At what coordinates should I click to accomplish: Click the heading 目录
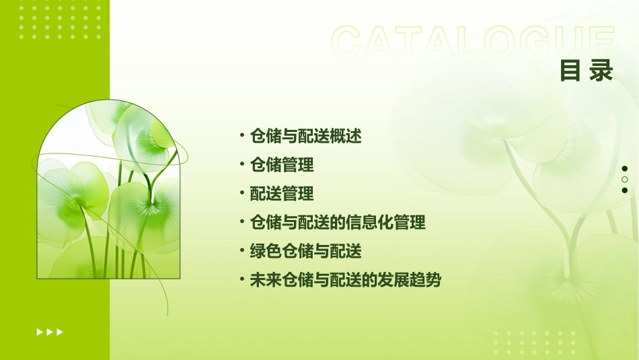click(587, 71)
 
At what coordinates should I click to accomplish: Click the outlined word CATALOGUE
click(473, 42)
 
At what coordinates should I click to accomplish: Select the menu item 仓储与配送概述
click(305, 137)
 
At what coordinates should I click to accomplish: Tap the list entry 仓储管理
click(281, 165)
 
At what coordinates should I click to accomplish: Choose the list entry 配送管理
click(281, 194)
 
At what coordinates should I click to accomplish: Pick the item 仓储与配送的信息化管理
click(337, 222)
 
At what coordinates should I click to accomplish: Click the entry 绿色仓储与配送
click(305, 251)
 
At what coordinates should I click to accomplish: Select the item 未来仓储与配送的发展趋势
click(345, 280)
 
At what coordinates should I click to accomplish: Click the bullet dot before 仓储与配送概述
click(241, 136)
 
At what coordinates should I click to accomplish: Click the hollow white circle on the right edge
click(625, 180)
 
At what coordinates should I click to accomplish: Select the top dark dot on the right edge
click(625, 169)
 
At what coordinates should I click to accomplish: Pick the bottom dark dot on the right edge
click(625, 190)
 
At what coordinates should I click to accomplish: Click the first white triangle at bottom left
click(39, 332)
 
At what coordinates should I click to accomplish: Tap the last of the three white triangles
click(60, 332)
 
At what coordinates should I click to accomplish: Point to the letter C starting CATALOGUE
click(349, 42)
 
